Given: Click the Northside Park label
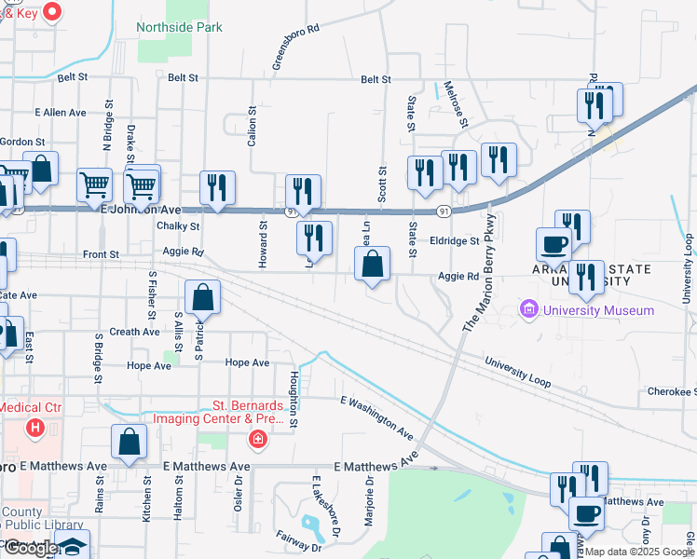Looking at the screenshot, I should (179, 27).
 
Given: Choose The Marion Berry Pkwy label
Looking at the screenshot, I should (478, 273).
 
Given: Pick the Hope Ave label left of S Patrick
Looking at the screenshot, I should (149, 366).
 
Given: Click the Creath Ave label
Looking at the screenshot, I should (134, 332).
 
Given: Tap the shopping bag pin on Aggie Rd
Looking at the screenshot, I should (372, 265).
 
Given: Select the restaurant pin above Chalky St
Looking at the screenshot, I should (217, 188).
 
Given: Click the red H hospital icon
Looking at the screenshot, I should (35, 429).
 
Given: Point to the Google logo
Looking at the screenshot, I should (30, 548).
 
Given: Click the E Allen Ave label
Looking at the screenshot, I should (61, 112).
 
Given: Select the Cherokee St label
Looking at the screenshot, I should (672, 392).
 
